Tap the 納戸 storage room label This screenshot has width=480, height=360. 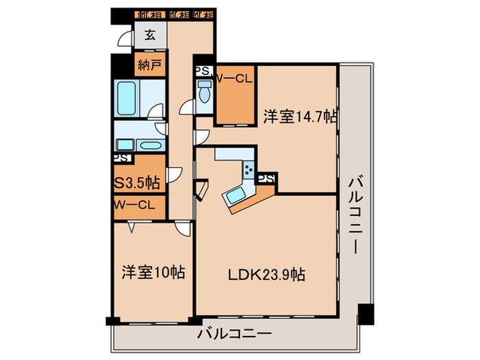coord(149,66)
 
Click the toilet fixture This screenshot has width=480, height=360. coord(204,92)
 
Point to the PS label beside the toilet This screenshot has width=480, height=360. coord(203,71)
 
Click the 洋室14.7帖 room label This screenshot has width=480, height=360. coord(300,117)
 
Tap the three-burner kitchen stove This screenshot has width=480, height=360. coord(248,170)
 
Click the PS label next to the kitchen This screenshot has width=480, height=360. coord(266,179)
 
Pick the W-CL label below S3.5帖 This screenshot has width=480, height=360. coord(136,204)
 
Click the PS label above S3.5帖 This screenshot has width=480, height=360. coord(121,158)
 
